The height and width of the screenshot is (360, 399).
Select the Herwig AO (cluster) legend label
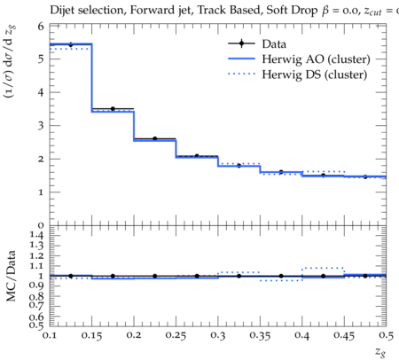tap(316, 59)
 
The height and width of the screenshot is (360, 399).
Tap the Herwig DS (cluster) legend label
tap(315, 74)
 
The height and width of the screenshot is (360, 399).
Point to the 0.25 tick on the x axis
tap(176, 335)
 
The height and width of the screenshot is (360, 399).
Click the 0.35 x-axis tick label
tap(260, 335)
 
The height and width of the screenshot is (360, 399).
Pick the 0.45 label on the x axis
tap(344, 335)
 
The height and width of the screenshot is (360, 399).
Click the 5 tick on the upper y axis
tap(41, 59)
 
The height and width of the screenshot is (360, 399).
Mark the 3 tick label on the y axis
tap(41, 126)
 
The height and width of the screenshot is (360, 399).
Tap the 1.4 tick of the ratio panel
tap(36, 235)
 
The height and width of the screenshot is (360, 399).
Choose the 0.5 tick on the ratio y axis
tap(36, 325)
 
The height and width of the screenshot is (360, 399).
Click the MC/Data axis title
tap(11, 276)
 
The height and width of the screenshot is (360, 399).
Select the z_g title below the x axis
tap(380, 352)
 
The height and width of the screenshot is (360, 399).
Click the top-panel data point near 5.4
tap(71, 44)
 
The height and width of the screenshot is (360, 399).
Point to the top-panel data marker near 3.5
tap(113, 109)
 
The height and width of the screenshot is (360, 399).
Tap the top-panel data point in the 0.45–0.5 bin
tap(365, 176)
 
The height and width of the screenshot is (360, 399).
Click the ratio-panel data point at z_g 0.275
tap(197, 276)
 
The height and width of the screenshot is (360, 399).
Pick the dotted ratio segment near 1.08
tap(323, 268)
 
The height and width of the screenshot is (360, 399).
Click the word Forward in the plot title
tap(148, 11)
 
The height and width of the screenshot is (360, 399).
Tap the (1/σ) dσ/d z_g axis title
tap(9, 61)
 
